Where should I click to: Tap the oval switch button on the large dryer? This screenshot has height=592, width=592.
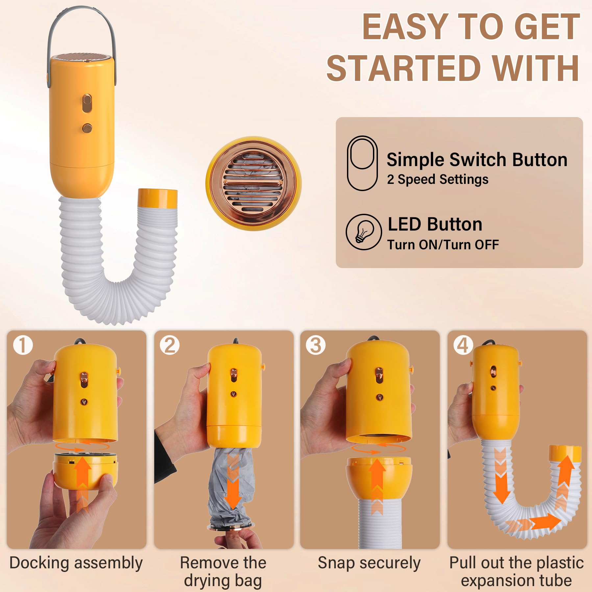[x=87, y=103]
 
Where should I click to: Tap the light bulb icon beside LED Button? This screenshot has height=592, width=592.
[x=364, y=232]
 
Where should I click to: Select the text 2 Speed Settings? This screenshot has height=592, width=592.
[x=437, y=180]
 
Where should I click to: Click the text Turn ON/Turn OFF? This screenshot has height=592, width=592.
[x=443, y=245]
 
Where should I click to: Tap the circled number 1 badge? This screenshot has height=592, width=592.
[x=23, y=345]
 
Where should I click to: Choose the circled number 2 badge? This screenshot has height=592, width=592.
[x=170, y=345]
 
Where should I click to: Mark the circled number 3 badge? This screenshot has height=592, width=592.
[x=316, y=345]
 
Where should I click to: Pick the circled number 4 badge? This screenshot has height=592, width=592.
[x=463, y=345]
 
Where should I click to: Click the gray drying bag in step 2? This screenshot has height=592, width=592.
[x=230, y=487]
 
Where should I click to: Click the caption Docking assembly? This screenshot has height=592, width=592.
[x=76, y=563]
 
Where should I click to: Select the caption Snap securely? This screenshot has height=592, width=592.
[x=369, y=563]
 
